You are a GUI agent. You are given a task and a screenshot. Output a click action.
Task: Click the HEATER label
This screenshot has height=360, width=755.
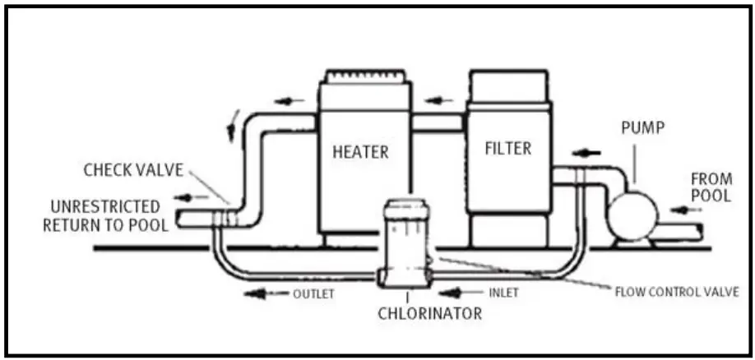coord(360,152)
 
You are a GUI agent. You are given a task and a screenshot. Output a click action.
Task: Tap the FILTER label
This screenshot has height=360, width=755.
coord(507,149)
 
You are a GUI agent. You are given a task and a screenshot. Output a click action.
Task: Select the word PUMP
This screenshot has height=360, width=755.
coord(642,130)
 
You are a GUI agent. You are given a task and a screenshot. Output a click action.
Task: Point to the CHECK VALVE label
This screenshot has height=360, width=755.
coord(133,170)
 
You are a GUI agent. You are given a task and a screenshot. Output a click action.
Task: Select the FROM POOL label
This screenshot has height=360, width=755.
coord(711,187)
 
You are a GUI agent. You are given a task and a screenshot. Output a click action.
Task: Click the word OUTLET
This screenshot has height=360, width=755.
coord(313,293)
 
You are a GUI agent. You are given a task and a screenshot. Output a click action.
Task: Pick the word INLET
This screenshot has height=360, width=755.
coord(504,293)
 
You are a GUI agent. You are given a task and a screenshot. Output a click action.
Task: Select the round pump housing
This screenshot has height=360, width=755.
coord(632,215)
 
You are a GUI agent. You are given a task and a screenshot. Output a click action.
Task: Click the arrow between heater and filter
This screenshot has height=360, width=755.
coord(438,101)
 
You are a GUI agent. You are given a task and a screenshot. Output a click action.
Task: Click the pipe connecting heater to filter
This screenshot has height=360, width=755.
coord(438,123)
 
